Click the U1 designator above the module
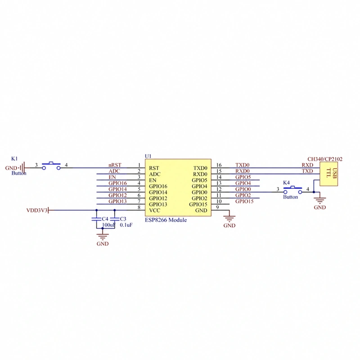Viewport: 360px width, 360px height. pyautogui.click(x=148, y=156)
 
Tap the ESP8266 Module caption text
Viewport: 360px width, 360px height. pyautogui.click(x=166, y=220)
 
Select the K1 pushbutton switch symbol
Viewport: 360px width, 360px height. pyautogui.click(x=51, y=166)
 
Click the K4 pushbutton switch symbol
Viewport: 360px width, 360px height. pyautogui.click(x=293, y=189)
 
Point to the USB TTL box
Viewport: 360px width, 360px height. pyautogui.click(x=329, y=174)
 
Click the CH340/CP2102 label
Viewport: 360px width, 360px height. pyautogui.click(x=325, y=159)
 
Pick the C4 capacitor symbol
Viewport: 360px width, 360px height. pyautogui.click(x=96, y=219)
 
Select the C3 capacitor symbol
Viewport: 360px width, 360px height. pyautogui.click(x=115, y=219)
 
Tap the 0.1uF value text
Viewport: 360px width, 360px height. pyautogui.click(x=126, y=225)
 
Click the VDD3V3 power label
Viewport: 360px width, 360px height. pyautogui.click(x=37, y=210)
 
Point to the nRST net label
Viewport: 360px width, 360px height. pyautogui.click(x=115, y=165)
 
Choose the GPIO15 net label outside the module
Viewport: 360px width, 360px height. pyautogui.click(x=244, y=201)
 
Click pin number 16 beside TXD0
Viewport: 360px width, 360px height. pyautogui.click(x=219, y=165)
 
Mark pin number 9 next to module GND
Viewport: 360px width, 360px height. pyautogui.click(x=217, y=207)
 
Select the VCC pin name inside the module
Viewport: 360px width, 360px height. pyautogui.click(x=154, y=210)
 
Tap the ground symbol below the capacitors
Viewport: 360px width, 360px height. pyautogui.click(x=103, y=237)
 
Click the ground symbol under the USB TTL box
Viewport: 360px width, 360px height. pyautogui.click(x=320, y=200)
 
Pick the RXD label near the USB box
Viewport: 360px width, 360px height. pyautogui.click(x=307, y=165)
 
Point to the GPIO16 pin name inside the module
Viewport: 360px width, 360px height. pyautogui.click(x=158, y=186)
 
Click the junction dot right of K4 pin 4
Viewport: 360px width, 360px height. pyautogui.click(x=314, y=192)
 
